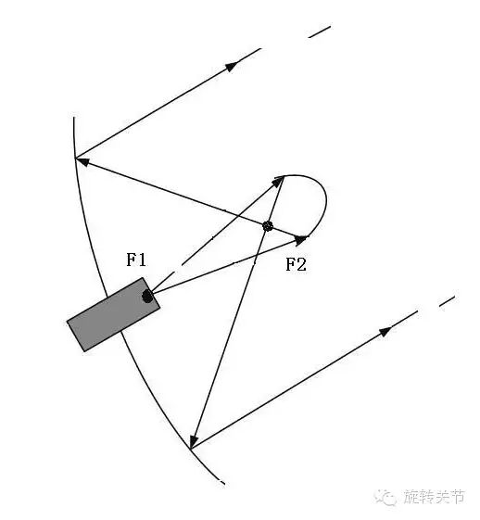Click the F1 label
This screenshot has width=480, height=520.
coord(136,260)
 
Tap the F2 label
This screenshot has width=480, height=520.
coord(296,264)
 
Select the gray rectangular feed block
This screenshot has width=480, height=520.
coord(113,314)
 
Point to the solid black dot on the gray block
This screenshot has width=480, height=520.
coord(147,296)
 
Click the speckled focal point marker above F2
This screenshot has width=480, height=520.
coord(268,226)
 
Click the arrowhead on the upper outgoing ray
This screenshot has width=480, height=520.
coord(232,66)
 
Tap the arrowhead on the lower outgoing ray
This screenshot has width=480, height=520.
coord(385,331)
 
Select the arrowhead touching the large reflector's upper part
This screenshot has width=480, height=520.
coord(82,161)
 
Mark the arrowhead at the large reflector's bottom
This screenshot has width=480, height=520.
coord(194,441)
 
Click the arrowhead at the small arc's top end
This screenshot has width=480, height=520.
coord(278,181)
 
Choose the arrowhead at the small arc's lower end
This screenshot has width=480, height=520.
coord(301,239)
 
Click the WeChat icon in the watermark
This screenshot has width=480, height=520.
coord(385,497)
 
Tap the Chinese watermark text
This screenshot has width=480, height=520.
coord(435,497)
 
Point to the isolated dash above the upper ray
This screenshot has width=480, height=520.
coord(320,32)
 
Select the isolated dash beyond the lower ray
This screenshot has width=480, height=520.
coord(447,301)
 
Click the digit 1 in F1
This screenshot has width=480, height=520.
coord(142,260)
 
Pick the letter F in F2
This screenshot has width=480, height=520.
coord(290,264)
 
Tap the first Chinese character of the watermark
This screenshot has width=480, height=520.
coord(411,497)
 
